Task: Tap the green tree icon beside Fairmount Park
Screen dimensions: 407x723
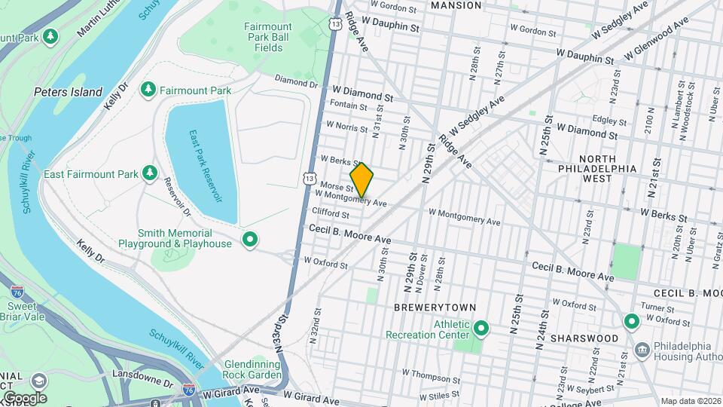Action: click(148, 90)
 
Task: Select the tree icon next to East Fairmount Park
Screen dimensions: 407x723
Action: click(150, 174)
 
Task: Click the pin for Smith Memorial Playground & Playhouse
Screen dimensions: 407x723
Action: click(250, 240)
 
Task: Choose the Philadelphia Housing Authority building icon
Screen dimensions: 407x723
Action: click(642, 349)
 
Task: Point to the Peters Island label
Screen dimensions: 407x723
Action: click(68, 92)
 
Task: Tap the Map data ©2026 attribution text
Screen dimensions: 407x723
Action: click(690, 401)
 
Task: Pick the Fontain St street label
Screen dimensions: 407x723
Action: click(348, 107)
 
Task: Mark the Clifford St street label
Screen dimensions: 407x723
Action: click(331, 214)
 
